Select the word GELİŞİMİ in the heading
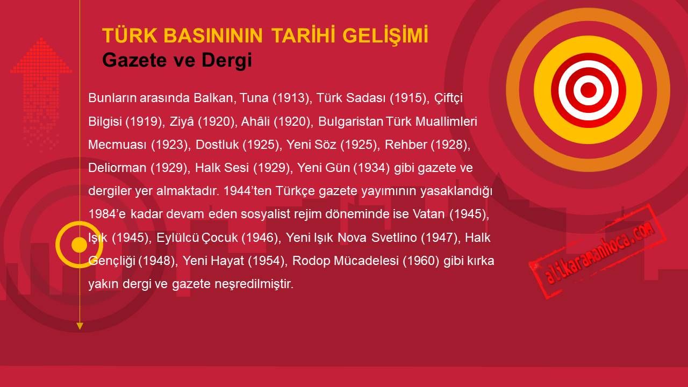(x=385, y=36)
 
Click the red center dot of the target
(x=589, y=90)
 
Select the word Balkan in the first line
(x=214, y=98)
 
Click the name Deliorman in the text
(x=117, y=168)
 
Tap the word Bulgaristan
(x=350, y=121)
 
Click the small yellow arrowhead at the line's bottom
(x=80, y=326)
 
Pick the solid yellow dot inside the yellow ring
(x=79, y=245)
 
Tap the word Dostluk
(x=217, y=145)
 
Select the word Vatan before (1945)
(x=429, y=214)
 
